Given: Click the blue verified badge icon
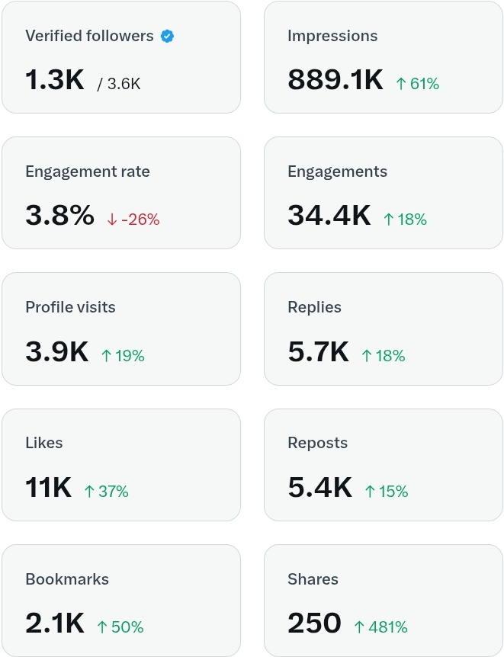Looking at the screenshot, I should point(167,36).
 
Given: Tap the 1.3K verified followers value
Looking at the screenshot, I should point(54,80).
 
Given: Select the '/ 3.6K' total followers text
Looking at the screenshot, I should point(119,84).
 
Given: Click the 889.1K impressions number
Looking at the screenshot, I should point(335,80).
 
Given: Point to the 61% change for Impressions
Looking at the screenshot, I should point(417,84).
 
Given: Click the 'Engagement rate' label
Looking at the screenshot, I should point(88,171).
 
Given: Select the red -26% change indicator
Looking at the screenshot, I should point(133,220).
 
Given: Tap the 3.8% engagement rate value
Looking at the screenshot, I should point(59,216).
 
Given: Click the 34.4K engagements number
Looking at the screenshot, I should point(329,216).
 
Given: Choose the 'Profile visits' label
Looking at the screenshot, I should point(70,307).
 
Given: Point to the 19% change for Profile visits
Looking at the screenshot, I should point(123,356).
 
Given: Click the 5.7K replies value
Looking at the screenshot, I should point(318,352).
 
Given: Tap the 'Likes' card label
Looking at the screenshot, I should point(44,443).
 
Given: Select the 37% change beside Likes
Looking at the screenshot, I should point(106,492).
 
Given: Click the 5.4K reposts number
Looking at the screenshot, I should point(319,488).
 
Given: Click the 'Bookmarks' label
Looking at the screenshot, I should point(67,579).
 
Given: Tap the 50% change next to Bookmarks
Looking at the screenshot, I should point(120,627).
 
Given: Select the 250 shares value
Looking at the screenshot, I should point(314,623).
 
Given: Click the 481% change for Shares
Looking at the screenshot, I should point(380,627).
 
